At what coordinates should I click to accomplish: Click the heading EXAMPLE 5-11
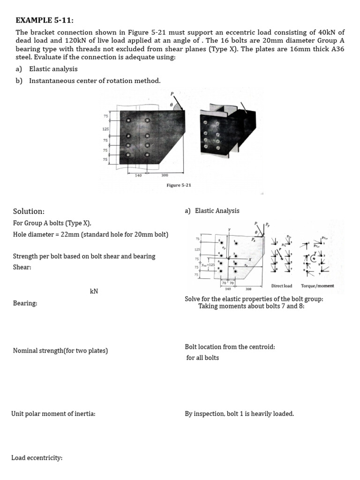click(45, 20)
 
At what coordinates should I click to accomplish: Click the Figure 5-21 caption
click(179, 185)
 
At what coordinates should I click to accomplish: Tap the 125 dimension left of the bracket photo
click(105, 128)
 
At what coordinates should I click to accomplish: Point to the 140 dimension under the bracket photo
click(138, 175)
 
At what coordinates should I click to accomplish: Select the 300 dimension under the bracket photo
click(165, 175)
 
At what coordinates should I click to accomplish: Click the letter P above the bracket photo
click(172, 94)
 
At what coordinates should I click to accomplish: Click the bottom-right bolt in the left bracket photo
click(148, 154)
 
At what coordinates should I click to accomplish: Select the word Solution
click(29, 211)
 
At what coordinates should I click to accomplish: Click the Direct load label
click(281, 285)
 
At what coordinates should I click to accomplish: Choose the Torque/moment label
click(317, 285)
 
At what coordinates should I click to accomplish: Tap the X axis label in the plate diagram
click(250, 259)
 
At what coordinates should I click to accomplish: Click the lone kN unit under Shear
click(94, 292)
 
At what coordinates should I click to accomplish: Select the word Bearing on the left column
click(25, 303)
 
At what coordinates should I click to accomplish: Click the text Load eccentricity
click(37, 457)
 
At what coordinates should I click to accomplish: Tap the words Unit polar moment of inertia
click(53, 414)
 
